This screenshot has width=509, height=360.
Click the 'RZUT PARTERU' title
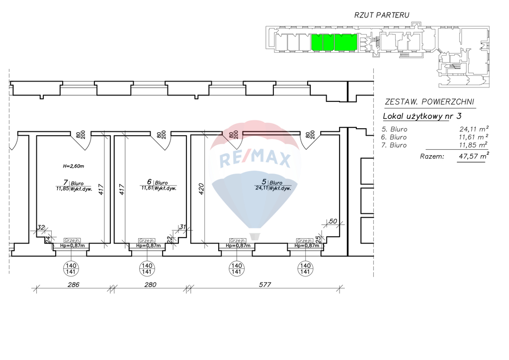(382, 15)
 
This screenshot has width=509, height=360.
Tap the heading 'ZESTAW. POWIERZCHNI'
(430, 102)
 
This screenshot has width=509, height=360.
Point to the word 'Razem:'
(432, 156)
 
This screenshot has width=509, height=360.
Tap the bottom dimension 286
(73, 285)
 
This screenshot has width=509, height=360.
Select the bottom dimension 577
(263, 285)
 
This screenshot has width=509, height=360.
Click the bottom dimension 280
(150, 285)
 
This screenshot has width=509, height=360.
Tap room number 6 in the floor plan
(149, 182)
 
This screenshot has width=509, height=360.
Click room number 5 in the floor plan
(264, 182)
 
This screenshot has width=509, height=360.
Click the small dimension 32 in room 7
(41, 228)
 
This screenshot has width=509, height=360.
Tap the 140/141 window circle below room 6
(147, 269)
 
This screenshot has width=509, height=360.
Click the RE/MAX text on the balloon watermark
(254, 159)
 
